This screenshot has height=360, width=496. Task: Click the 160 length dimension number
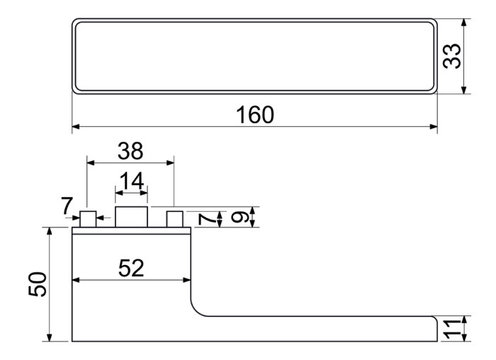(x=255, y=115)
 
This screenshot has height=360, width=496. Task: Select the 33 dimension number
(x=452, y=56)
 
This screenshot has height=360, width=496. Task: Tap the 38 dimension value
(x=130, y=151)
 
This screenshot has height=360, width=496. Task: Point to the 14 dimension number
(x=132, y=181)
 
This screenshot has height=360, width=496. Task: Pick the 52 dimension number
(x=131, y=269)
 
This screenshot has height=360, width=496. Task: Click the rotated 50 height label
(x=38, y=284)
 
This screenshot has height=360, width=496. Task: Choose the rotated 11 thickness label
(x=451, y=329)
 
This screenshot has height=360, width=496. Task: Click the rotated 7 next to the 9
(x=206, y=219)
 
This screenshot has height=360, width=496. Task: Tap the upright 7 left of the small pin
(x=67, y=206)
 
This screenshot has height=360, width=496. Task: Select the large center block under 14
(x=131, y=217)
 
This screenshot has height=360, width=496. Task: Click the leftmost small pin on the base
(x=88, y=219)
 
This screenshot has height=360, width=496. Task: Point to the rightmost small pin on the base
(x=174, y=219)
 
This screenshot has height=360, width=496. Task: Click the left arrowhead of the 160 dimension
(x=76, y=127)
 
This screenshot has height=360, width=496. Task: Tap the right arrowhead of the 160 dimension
(x=434, y=127)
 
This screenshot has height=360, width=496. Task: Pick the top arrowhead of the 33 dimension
(x=464, y=23)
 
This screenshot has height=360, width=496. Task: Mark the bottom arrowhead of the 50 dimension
(x=49, y=337)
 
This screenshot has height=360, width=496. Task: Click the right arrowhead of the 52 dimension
(x=187, y=280)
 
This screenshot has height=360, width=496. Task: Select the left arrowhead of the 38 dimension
(x=91, y=163)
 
